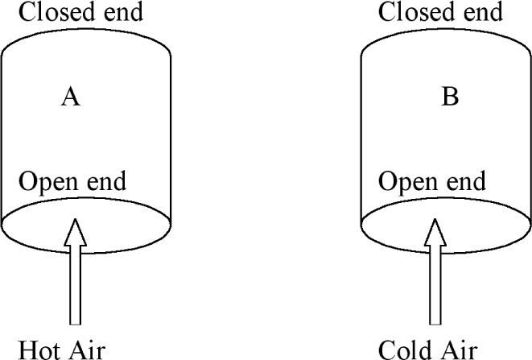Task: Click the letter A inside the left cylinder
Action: click(71, 97)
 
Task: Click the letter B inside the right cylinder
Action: click(450, 97)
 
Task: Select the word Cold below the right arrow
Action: click(406, 350)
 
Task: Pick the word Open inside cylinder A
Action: click(47, 181)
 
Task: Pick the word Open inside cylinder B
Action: click(407, 181)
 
